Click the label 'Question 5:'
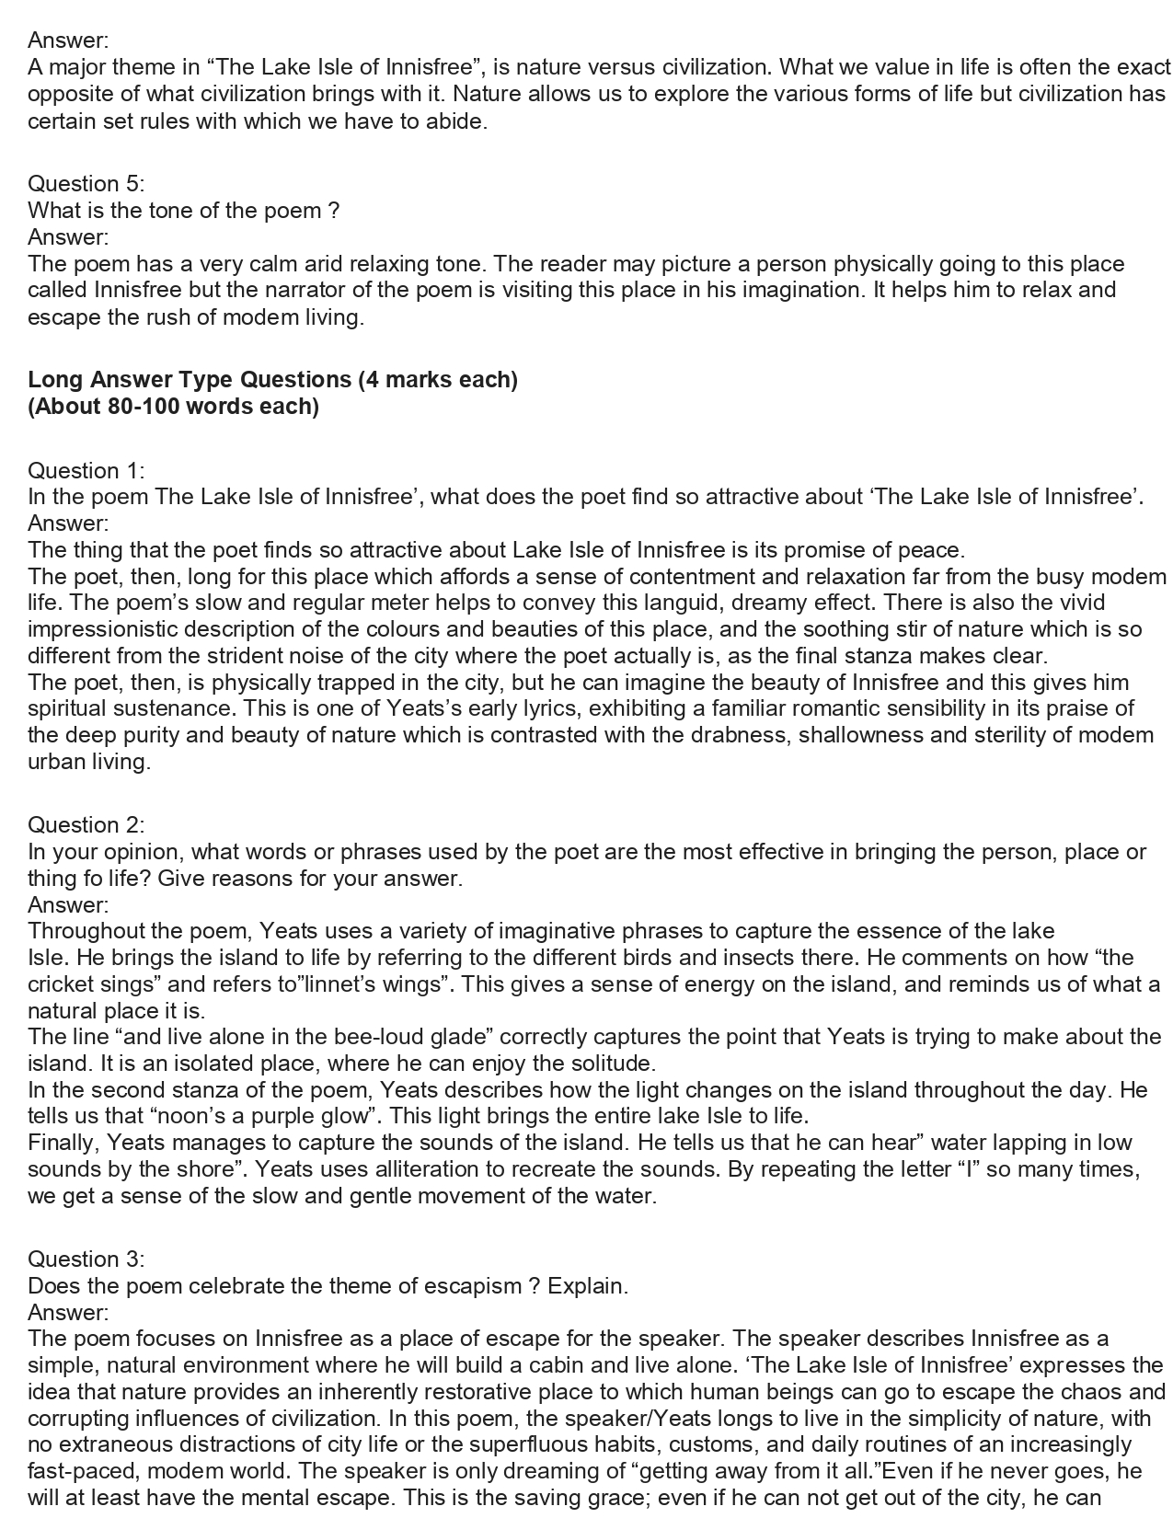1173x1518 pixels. [86, 184]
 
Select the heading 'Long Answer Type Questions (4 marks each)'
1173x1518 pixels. [272, 379]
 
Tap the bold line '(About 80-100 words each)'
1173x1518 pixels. [173, 406]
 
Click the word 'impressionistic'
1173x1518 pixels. [103, 630]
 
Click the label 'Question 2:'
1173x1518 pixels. [86, 825]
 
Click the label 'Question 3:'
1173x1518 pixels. [86, 1259]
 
